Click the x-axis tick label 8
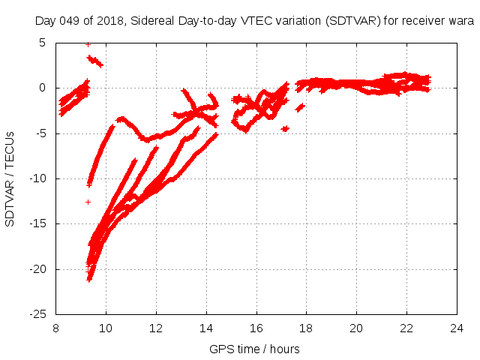(56, 328)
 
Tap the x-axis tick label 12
(156, 328)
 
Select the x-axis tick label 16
(256, 328)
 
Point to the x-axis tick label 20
(356, 328)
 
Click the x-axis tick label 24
(456, 328)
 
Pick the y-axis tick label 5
(43, 43)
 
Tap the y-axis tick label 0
(43, 88)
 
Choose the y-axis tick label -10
(38, 178)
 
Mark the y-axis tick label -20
(38, 268)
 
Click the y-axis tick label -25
(38, 314)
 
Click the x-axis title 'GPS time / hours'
(256, 349)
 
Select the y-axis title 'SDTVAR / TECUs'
(10, 178)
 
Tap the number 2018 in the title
(109, 21)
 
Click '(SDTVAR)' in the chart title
(346, 21)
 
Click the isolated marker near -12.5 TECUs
(88, 202)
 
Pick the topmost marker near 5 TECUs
(88, 44)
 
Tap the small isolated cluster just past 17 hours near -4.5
(285, 129)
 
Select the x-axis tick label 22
(406, 328)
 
